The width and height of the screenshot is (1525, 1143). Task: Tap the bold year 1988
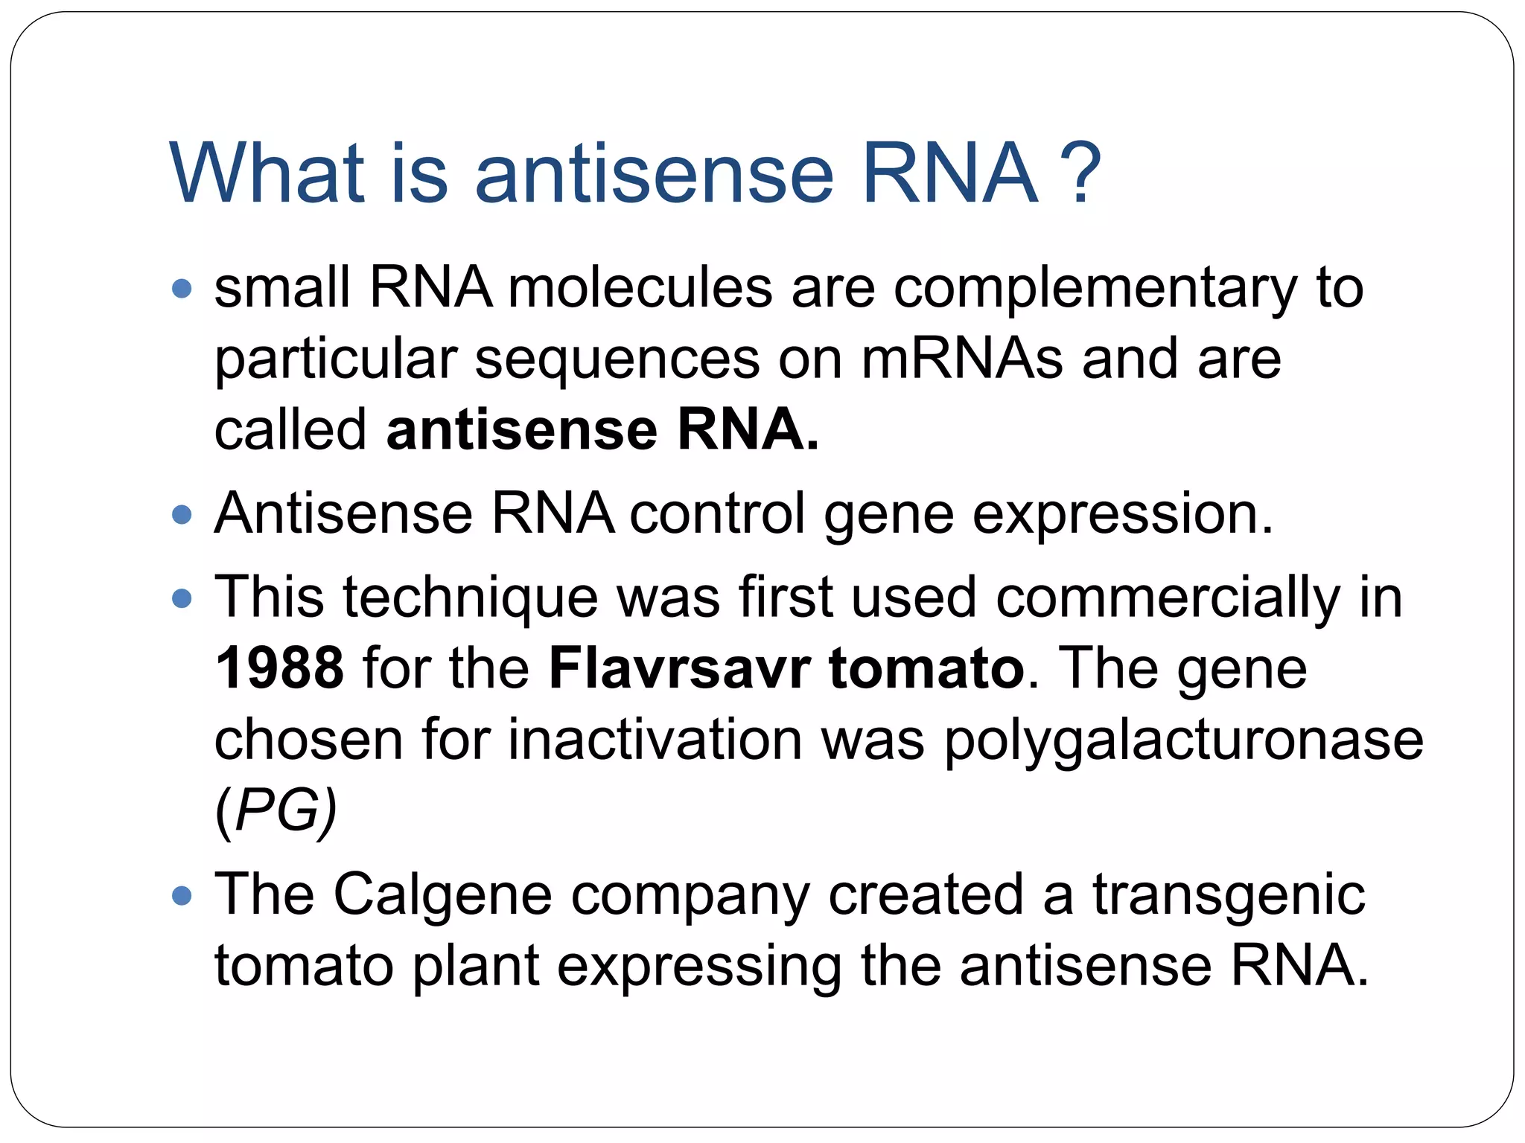279,667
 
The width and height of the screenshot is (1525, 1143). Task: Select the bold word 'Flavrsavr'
679,667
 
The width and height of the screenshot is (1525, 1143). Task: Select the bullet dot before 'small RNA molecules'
182,289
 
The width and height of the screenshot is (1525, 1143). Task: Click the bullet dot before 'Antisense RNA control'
182,514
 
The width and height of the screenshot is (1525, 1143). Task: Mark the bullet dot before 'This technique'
182,598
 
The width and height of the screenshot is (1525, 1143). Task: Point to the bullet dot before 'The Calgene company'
182,894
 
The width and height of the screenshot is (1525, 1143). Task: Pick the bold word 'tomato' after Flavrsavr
926,667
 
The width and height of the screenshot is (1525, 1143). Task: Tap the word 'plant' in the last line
475,965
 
